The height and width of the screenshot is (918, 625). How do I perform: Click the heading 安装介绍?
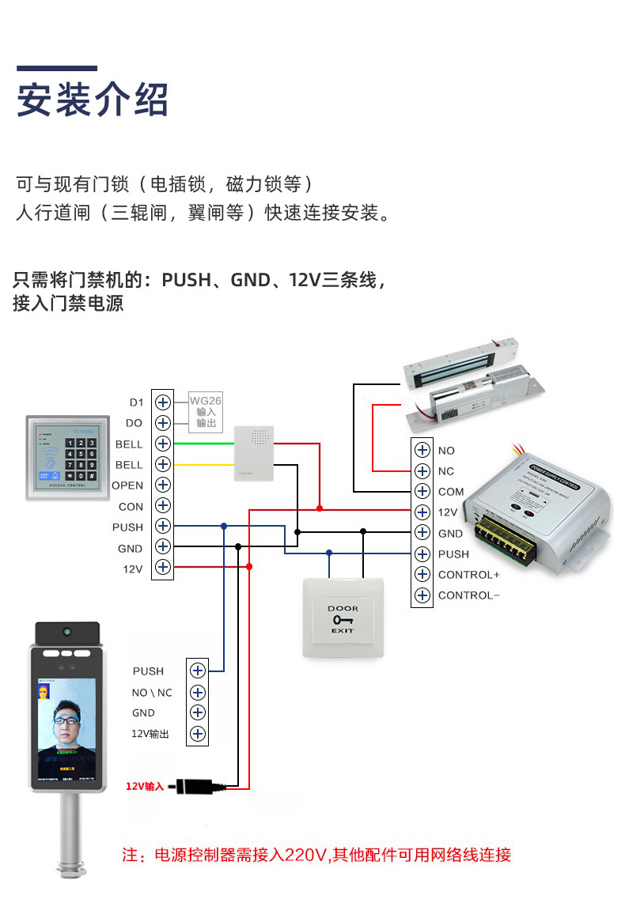[x=93, y=100]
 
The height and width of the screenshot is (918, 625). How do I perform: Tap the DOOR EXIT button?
[x=343, y=618]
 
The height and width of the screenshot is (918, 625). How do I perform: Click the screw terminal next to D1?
[x=163, y=402]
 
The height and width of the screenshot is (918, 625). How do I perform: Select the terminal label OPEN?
[x=127, y=485]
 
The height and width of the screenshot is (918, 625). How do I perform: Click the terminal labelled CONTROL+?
[x=468, y=575]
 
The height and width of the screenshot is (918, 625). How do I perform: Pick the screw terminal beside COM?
[x=422, y=492]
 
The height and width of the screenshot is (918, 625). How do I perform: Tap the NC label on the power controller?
[x=446, y=471]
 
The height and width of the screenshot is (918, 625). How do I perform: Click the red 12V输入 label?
[x=144, y=786]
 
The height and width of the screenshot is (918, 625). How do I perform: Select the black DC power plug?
[x=198, y=786]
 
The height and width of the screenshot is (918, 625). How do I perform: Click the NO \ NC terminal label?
[x=151, y=693]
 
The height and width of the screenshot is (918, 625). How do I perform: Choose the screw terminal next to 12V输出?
[x=197, y=734]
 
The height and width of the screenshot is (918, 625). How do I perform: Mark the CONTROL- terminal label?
[x=468, y=595]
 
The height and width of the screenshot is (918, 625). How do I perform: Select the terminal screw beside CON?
[x=163, y=505]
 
